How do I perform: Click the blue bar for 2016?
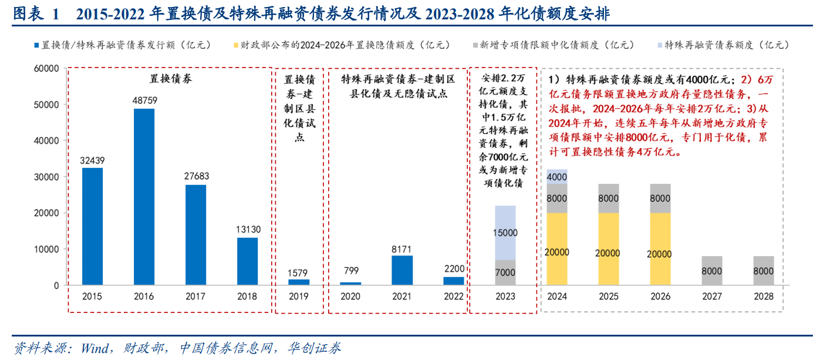pyautogui.click(x=144, y=197)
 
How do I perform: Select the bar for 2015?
pyautogui.click(x=92, y=226)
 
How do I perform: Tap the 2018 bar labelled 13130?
pyautogui.click(x=247, y=261)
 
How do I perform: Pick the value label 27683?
pyautogui.click(x=196, y=176)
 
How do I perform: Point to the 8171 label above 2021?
pyautogui.click(x=403, y=249)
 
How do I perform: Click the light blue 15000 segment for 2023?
pyautogui.click(x=505, y=233)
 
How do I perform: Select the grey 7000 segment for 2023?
pyautogui.click(x=505, y=272)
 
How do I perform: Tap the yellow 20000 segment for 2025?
pyautogui.click(x=609, y=249)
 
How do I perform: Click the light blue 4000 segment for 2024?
pyautogui.click(x=557, y=176)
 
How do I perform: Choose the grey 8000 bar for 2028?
pyautogui.click(x=764, y=271)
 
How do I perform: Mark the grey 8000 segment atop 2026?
pyautogui.click(x=660, y=198)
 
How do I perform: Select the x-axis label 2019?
pyautogui.click(x=299, y=297)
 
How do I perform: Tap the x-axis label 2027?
pyautogui.click(x=712, y=297)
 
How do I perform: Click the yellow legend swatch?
pyautogui.click(x=236, y=45)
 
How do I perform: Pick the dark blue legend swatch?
pyautogui.click(x=36, y=45)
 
